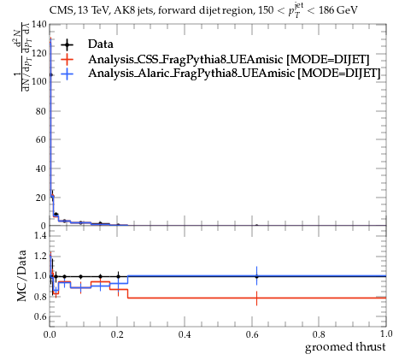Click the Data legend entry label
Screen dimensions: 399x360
tap(101, 44)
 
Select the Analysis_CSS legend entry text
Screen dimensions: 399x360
tap(229, 59)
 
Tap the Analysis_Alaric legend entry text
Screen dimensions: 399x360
tap(234, 74)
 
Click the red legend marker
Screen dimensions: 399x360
tap(67, 60)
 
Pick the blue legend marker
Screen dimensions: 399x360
tap(67, 74)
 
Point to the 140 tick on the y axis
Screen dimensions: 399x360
tap(39, 25)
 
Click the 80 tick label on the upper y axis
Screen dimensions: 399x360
tap(41, 111)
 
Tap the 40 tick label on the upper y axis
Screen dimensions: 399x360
tap(41, 168)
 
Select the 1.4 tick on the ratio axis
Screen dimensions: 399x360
tap(40, 235)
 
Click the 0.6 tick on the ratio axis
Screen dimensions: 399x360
tap(40, 316)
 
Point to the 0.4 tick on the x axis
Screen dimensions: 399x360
tap(185, 333)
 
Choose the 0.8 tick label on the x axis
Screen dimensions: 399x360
tap(319, 333)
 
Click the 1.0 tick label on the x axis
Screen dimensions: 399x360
tap(386, 333)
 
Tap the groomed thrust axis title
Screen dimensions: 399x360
tap(345, 347)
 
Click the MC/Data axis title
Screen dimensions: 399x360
tap(21, 276)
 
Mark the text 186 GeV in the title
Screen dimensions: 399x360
tap(338, 10)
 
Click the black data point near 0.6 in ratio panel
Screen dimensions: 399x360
tap(256, 276)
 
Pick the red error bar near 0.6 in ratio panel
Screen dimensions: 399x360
tap(256, 298)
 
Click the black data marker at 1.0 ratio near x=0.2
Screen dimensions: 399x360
tap(118, 276)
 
